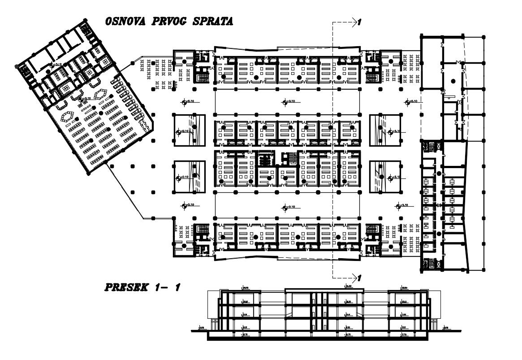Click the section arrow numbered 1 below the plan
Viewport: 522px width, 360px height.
tap(357, 276)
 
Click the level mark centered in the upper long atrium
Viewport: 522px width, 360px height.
tap(285, 102)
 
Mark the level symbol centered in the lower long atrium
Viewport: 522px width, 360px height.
tap(285, 207)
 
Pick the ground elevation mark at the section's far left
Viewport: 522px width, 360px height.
tap(202, 328)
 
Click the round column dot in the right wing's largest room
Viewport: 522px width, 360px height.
tap(453, 81)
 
